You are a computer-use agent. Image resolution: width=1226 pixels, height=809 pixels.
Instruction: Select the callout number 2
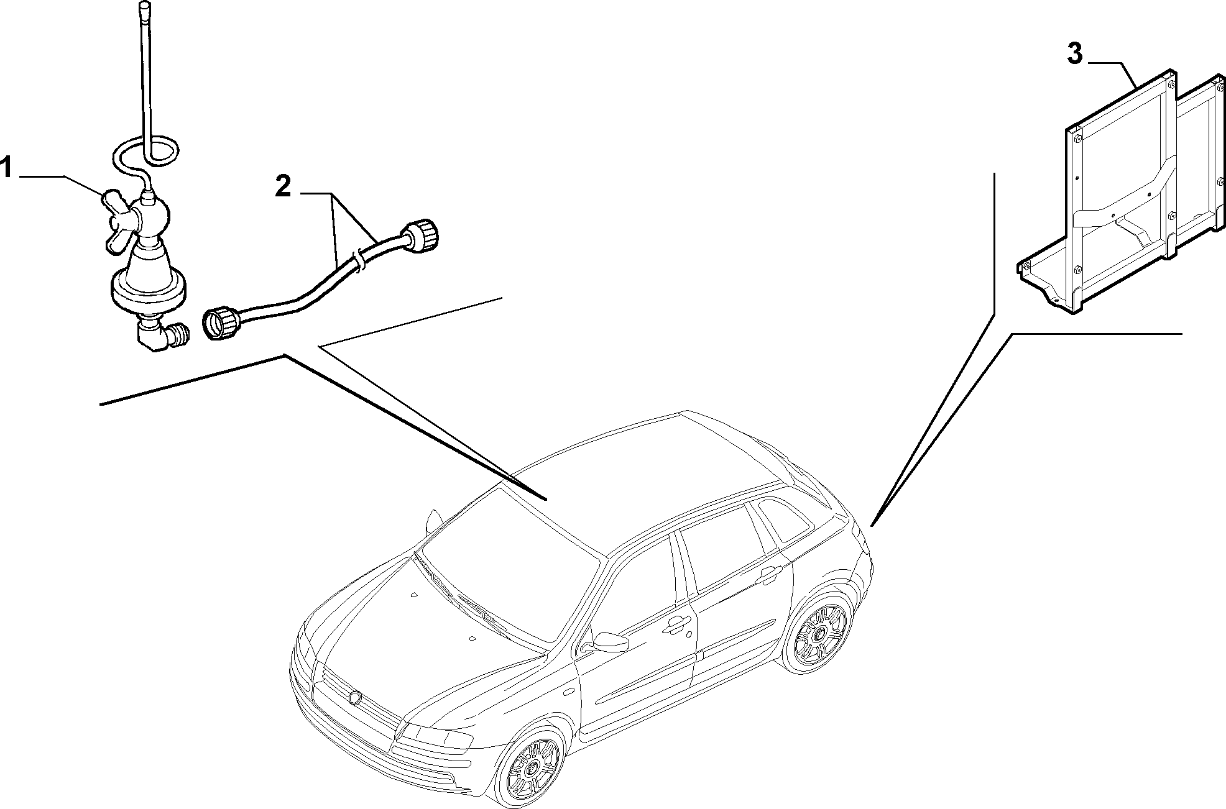(283, 186)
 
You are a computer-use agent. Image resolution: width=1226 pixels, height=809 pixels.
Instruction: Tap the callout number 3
(1076, 55)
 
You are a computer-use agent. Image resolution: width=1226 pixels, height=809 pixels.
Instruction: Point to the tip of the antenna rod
(145, 5)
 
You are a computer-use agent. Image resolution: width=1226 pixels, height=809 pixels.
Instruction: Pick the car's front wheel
(533, 769)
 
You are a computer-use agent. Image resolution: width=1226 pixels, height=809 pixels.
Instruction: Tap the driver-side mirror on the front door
(609, 641)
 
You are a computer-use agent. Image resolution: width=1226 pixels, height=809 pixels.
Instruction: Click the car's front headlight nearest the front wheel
(435, 736)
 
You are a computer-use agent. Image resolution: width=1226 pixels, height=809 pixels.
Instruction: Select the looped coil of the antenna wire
(147, 152)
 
